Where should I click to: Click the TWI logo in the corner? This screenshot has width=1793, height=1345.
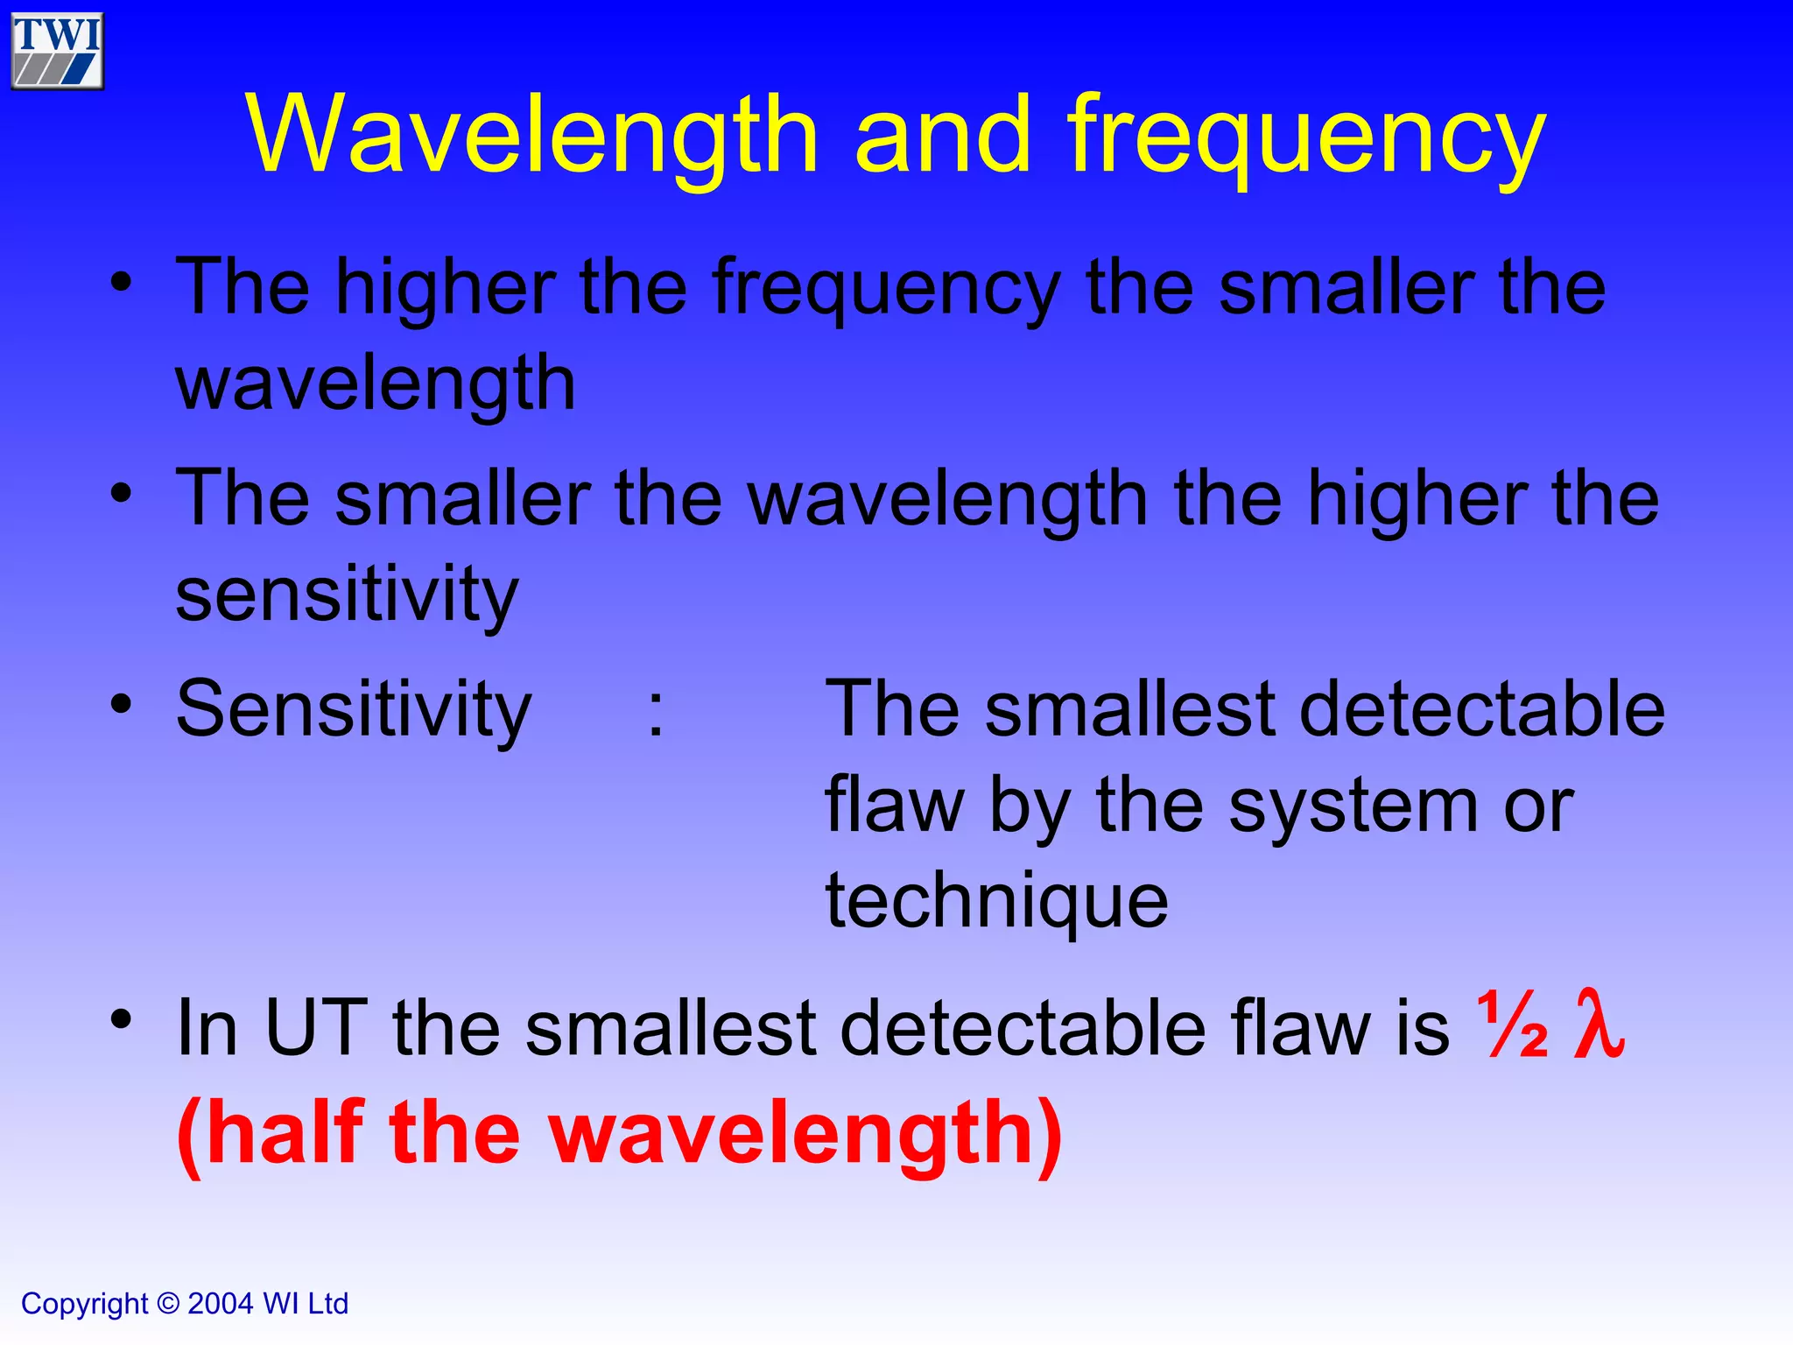[57, 51]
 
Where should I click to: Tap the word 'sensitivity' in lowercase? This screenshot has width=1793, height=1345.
[347, 595]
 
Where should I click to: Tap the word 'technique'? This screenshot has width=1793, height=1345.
[996, 902]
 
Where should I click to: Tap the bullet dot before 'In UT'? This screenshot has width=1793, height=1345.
[122, 1018]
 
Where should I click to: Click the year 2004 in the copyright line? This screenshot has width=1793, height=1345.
[221, 1304]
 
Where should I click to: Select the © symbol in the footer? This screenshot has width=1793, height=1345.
[168, 1304]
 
